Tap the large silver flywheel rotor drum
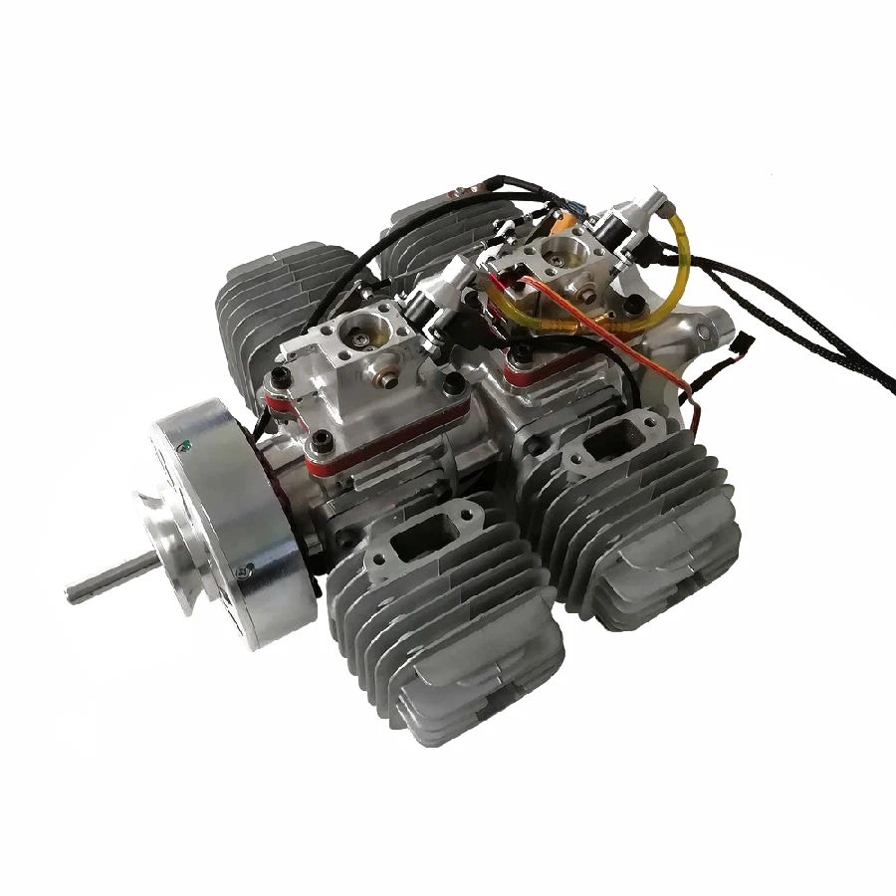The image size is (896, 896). click(224, 518)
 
